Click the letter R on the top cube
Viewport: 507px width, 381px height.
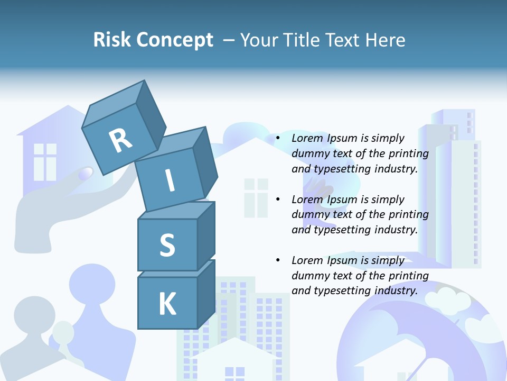(x=120, y=140)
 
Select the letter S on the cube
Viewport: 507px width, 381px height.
(x=167, y=246)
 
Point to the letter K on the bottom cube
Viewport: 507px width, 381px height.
(x=167, y=304)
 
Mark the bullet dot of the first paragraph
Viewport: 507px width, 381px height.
(x=278, y=139)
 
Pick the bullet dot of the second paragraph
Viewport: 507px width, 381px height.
(x=278, y=199)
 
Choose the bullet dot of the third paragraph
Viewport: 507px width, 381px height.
(x=278, y=260)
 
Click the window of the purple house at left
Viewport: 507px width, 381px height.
(x=45, y=161)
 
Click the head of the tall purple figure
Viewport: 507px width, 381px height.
(x=92, y=283)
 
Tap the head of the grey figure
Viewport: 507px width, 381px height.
(x=34, y=315)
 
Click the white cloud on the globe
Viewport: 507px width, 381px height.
(x=448, y=301)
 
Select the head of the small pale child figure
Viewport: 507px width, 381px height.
(x=63, y=331)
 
